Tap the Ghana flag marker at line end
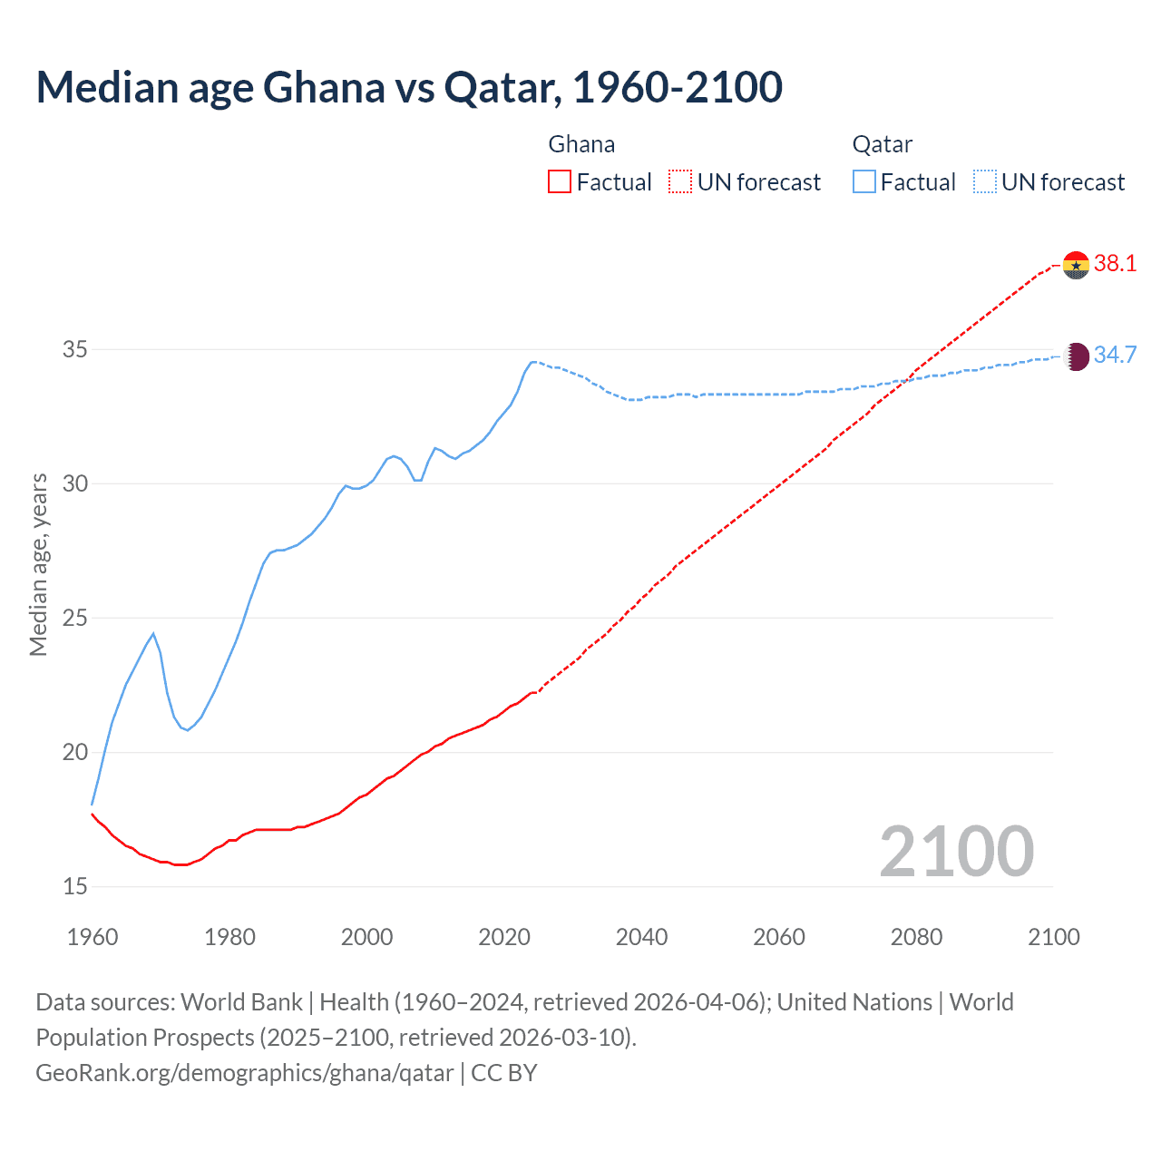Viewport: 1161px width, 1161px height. point(1076,265)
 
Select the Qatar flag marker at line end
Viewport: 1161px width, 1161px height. point(1076,356)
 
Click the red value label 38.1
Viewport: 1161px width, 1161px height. point(1115,264)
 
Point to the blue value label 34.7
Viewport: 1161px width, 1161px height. point(1115,355)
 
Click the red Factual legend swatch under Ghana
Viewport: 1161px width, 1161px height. point(560,182)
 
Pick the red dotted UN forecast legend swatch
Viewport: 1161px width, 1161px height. point(680,182)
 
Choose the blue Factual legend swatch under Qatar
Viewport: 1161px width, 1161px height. point(864,182)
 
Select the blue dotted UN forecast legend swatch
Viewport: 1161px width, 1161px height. point(984,182)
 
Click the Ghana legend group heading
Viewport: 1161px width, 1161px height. point(581,144)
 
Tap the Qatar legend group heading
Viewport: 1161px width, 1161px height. point(882,144)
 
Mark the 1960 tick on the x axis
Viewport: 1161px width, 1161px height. point(93,937)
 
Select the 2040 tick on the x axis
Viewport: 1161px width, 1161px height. point(641,937)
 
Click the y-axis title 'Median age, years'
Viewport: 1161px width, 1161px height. point(38,564)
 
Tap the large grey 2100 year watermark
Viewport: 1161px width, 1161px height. point(956,851)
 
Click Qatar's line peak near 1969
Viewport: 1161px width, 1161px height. point(153,633)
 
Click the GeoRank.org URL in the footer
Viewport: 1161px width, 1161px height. point(244,1073)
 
